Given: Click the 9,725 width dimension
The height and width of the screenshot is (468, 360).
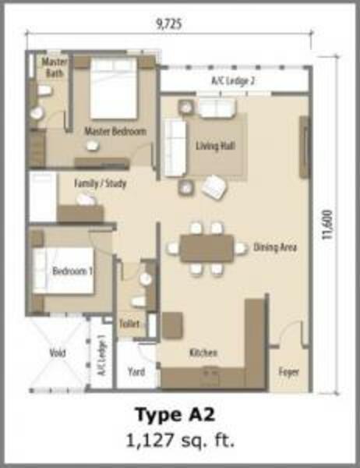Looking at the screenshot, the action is tap(169, 24).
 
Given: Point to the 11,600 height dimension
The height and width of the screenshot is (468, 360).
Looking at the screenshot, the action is tap(327, 225).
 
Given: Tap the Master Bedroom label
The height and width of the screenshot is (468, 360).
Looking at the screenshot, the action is tap(115, 131).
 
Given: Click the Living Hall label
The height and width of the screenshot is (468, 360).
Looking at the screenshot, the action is tap(215, 146).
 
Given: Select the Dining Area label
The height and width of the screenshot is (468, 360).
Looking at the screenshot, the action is tap(275, 247).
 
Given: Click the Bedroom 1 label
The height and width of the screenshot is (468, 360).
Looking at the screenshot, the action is tap(72, 271).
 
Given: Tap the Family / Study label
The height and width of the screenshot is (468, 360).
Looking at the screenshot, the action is tap(101, 183).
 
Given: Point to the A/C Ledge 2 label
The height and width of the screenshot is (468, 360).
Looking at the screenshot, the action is tap(233, 81).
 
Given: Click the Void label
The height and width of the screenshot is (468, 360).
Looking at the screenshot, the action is tap(58, 353).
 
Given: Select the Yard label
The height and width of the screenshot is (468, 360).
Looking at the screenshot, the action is tap(136, 372).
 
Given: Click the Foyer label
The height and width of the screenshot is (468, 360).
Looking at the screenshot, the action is tap(289, 372).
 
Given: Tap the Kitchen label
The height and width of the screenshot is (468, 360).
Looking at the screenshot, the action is tap(203, 353).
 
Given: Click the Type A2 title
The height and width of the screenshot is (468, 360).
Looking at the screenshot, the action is tap(175, 415).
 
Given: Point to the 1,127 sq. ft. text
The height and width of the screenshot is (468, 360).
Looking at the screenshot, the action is tap(180, 440).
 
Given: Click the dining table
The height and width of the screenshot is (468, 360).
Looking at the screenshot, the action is tap(206, 248).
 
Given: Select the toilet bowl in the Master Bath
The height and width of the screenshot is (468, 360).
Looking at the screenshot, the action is tap(44, 90).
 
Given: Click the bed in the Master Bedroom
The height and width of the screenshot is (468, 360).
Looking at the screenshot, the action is tap(113, 88).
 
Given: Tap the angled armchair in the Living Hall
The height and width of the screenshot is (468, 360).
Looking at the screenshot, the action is tap(214, 187).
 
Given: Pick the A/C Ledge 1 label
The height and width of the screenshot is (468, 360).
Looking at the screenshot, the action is tap(102, 355).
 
